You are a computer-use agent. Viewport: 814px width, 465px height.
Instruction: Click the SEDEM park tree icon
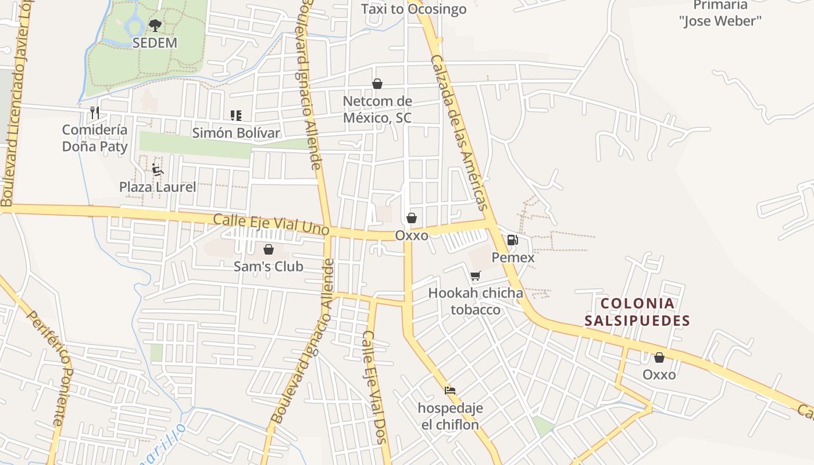(155, 25)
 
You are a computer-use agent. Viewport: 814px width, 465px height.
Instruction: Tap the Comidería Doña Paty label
(95, 138)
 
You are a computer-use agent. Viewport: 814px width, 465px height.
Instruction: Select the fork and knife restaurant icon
(95, 112)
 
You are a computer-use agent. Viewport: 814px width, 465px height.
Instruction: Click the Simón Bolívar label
(236, 133)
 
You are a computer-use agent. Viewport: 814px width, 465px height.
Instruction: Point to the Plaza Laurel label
(158, 187)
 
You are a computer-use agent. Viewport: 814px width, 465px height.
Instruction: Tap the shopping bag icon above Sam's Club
(269, 249)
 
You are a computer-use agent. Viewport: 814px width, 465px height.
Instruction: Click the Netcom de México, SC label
(377, 109)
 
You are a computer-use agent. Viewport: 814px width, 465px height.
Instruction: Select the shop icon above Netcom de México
(377, 84)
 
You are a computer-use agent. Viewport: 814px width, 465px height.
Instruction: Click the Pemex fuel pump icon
(512, 239)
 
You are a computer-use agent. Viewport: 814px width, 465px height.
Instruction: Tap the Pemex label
(513, 257)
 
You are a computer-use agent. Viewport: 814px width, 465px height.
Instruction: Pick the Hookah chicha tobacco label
(476, 301)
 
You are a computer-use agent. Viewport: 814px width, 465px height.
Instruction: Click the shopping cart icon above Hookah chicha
(476, 276)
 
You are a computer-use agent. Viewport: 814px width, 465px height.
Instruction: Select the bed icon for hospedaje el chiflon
(450, 391)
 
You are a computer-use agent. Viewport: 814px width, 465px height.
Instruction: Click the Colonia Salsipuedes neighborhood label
(637, 312)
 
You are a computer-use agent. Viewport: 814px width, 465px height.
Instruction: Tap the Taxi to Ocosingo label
(413, 9)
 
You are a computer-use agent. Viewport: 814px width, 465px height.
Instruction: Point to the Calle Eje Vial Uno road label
(271, 224)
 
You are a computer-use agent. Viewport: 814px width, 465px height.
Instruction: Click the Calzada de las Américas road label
(458, 133)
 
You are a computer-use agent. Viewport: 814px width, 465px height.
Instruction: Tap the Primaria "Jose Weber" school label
(720, 13)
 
